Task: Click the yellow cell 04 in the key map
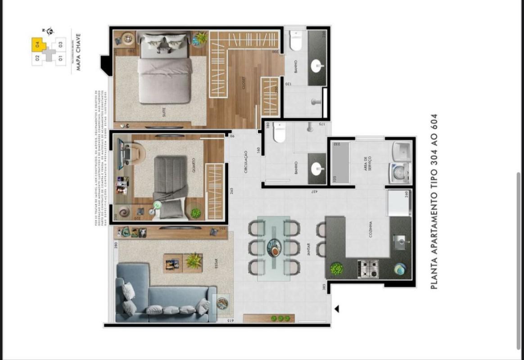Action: pyautogui.click(x=38, y=44)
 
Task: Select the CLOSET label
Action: pyautogui.click(x=244, y=84)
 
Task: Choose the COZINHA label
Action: pyautogui.click(x=370, y=229)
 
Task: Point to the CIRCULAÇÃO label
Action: pyautogui.click(x=246, y=162)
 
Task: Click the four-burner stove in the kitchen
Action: pyautogui.click(x=368, y=269)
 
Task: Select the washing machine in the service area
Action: pyautogui.click(x=400, y=173)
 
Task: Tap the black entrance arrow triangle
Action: pyautogui.click(x=336, y=309)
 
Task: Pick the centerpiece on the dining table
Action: pyautogui.click(x=274, y=247)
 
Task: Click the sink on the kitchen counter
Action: pyautogui.click(x=400, y=242)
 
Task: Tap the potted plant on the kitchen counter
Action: pyautogui.click(x=336, y=269)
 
